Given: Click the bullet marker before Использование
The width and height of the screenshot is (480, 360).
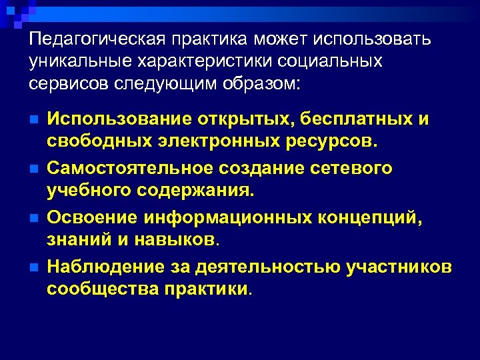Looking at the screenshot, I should [x=34, y=120].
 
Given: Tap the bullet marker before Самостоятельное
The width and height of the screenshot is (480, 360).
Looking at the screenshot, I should [x=34, y=169].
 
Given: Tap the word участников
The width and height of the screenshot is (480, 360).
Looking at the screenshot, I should [x=399, y=267].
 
